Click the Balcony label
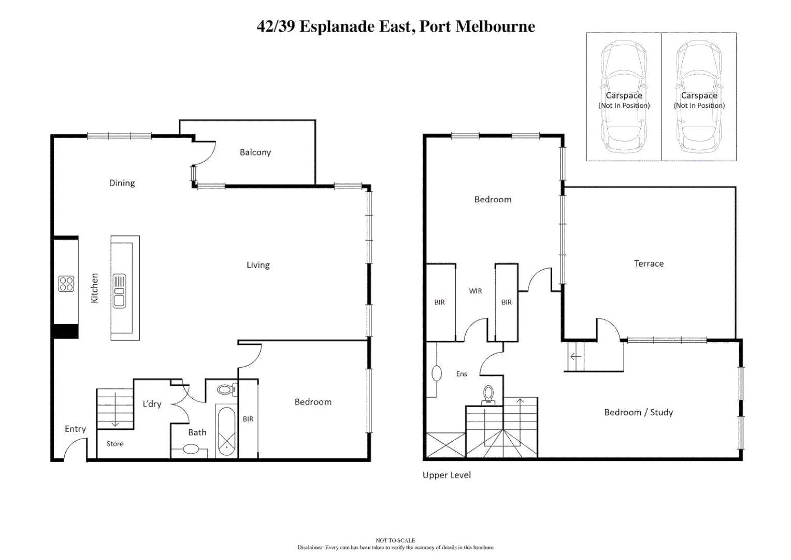pyautogui.click(x=255, y=152)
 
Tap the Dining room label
pyautogui.click(x=122, y=183)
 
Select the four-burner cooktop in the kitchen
pyautogui.click(x=66, y=284)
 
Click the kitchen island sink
pyautogui.click(x=119, y=291)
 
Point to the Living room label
pyautogui.click(x=258, y=265)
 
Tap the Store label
pyautogui.click(x=115, y=444)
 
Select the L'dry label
pyautogui.click(x=152, y=403)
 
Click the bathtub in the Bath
pyautogui.click(x=226, y=431)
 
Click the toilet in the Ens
pyautogui.click(x=488, y=395)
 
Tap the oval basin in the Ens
pyautogui.click(x=437, y=373)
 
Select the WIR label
pyautogui.click(x=475, y=291)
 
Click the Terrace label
pyautogui.click(x=649, y=263)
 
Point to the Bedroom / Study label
pyautogui.click(x=638, y=412)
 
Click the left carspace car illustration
pyautogui.click(x=624, y=97)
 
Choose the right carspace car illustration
pyautogui.click(x=699, y=97)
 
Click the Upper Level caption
pyautogui.click(x=447, y=475)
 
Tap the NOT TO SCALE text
pyautogui.click(x=395, y=540)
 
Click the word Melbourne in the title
pyautogui.click(x=495, y=26)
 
